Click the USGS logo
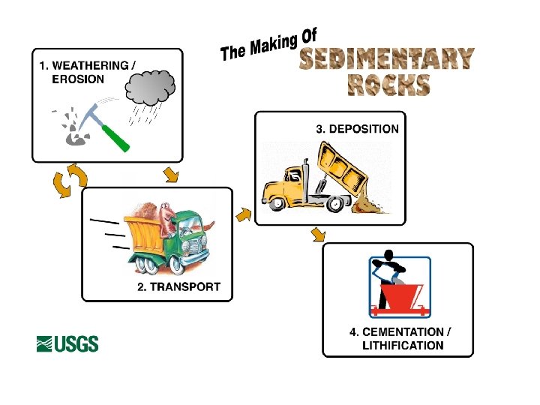67,343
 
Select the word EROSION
77,79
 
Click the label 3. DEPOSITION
356,128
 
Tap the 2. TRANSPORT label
178,286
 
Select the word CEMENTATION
406,331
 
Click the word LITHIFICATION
403,346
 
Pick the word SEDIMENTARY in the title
386,59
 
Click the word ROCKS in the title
388,84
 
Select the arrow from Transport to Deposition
243,215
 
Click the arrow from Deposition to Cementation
319,235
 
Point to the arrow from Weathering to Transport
171,175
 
